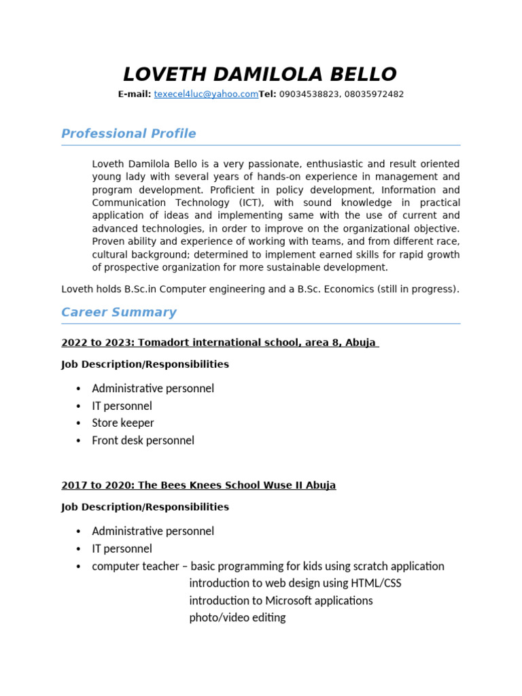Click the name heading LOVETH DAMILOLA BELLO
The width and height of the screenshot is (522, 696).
click(x=260, y=74)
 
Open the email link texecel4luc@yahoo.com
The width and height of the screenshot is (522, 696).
click(x=206, y=94)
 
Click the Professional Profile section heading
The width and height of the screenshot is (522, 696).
click(x=128, y=134)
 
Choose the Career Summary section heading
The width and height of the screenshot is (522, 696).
click(x=119, y=313)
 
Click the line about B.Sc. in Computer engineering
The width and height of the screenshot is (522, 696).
click(x=260, y=290)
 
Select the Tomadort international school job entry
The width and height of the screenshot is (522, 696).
click(x=220, y=343)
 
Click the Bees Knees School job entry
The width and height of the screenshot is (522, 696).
click(x=198, y=485)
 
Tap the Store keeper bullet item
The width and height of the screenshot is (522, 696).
click(x=123, y=423)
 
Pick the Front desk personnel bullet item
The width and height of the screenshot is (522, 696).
click(x=143, y=440)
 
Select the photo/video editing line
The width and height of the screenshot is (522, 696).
click(x=237, y=618)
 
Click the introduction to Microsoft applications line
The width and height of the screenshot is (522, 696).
click(x=281, y=601)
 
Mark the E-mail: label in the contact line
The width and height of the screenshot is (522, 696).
click(x=135, y=94)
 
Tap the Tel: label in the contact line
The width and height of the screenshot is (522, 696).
click(x=268, y=94)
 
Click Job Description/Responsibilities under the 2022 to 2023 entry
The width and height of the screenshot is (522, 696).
click(x=145, y=364)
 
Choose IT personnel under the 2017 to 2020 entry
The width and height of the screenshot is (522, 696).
click(x=122, y=549)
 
